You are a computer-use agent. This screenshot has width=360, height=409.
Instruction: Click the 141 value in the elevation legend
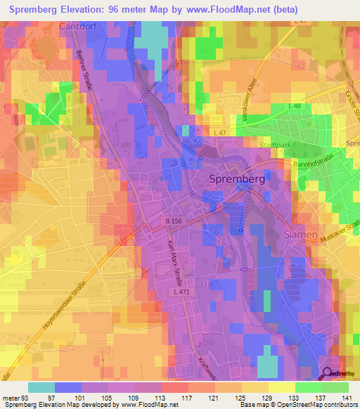(348, 398)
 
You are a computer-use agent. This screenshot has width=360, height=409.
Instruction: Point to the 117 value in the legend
(187, 398)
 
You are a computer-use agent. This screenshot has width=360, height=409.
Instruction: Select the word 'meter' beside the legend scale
(11, 398)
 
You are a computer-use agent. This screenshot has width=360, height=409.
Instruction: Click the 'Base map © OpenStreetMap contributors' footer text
(295, 405)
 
